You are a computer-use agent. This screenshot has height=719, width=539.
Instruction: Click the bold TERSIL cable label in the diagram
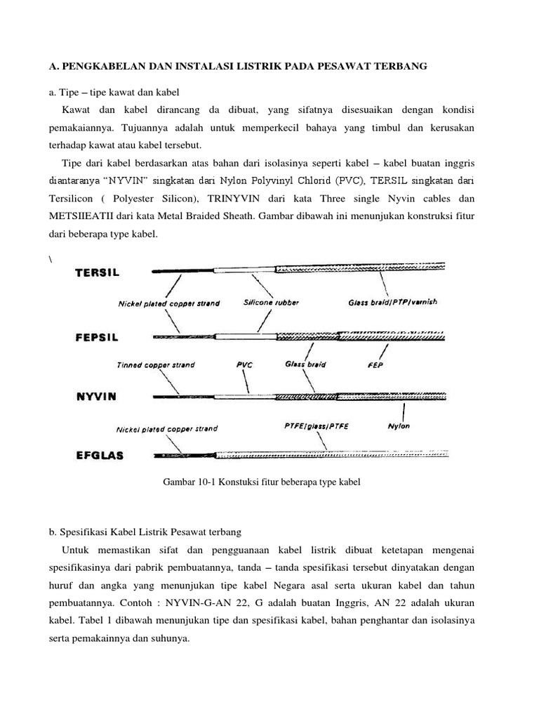click(97, 272)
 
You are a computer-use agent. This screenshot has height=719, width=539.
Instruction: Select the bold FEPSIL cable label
click(97, 337)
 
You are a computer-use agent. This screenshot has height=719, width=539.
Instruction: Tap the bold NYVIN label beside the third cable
click(95, 396)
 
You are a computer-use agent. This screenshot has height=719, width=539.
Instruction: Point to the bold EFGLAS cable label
click(99, 455)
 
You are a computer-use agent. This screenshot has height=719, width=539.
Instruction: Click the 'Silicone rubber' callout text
click(271, 303)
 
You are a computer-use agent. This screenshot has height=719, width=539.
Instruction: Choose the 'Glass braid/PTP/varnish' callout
click(392, 302)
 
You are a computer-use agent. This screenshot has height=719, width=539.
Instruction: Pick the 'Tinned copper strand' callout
click(156, 365)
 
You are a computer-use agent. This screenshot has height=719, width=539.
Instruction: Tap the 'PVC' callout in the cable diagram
click(244, 365)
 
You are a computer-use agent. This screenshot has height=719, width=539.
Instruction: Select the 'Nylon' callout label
click(399, 426)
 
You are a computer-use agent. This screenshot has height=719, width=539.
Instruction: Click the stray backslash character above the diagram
click(51, 258)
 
